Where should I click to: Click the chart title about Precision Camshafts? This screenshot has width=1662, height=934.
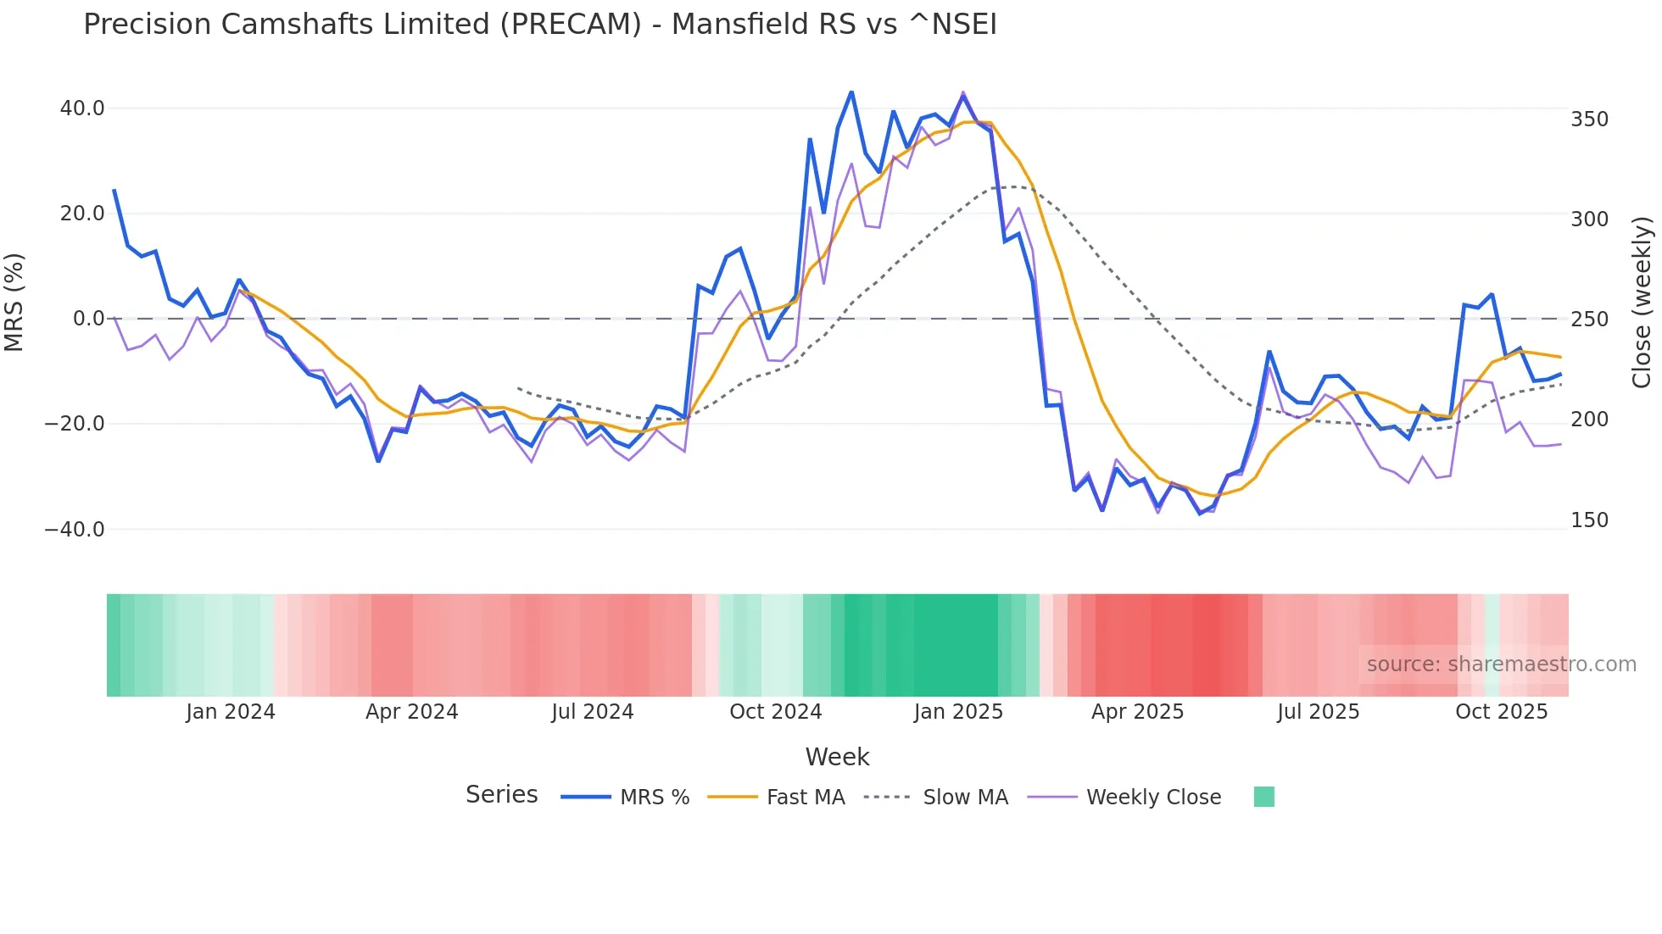(x=539, y=25)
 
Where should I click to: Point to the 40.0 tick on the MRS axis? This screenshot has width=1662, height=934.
(x=82, y=108)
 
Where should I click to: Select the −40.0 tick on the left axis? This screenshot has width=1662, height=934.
(x=75, y=530)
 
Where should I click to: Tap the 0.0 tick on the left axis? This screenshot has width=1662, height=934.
(x=88, y=319)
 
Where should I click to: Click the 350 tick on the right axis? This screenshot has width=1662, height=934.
(x=1589, y=120)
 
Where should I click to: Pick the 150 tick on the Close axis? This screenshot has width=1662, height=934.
(x=1589, y=520)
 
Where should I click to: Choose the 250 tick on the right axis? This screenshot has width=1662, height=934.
(x=1589, y=320)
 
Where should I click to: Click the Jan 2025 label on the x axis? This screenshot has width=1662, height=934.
(x=958, y=712)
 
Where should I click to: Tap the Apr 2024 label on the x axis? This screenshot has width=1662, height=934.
(x=411, y=712)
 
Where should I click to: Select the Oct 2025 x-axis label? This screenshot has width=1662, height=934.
(x=1501, y=712)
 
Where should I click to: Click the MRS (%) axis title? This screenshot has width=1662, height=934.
(x=14, y=302)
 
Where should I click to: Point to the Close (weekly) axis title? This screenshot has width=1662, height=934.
(x=1642, y=303)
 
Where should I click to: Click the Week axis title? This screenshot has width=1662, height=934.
(x=837, y=757)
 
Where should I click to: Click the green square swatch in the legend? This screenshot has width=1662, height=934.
(x=1263, y=797)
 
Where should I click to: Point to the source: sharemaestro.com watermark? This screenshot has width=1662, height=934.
(x=1501, y=664)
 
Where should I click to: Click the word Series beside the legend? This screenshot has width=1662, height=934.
(x=501, y=795)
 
